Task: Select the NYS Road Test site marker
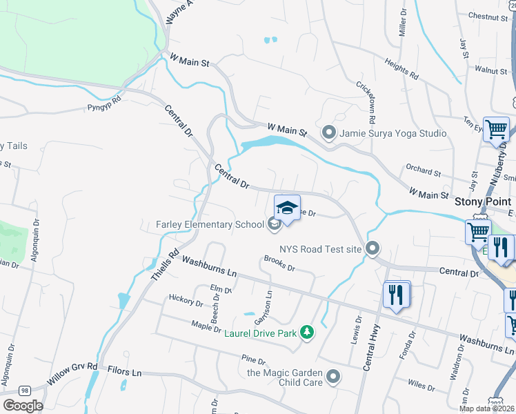(x=373, y=248)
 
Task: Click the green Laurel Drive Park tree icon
(x=307, y=334)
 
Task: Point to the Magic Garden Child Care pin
(x=334, y=377)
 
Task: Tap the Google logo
(x=23, y=406)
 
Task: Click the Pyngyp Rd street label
(x=104, y=107)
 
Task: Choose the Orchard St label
(x=423, y=171)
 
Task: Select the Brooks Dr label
(x=279, y=264)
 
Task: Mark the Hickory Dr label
(x=186, y=302)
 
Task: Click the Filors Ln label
(x=124, y=372)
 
